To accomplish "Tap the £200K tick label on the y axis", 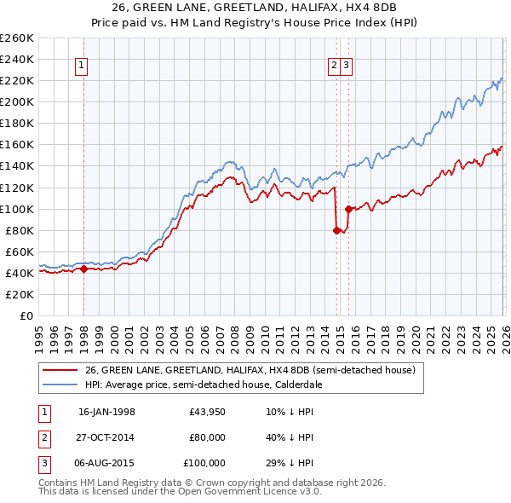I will tap(17, 101).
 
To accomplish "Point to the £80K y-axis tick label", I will tap(20, 230).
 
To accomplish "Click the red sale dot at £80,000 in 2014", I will tap(336, 229).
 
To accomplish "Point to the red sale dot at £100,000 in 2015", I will tap(348, 208).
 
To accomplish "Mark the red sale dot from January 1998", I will tap(83, 269).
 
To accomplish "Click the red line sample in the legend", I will tap(60, 370).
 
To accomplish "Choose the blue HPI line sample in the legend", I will tap(60, 384).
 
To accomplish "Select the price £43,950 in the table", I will tap(208, 412).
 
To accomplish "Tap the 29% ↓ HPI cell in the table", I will tap(290, 463).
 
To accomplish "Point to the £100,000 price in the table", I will tap(204, 463).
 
